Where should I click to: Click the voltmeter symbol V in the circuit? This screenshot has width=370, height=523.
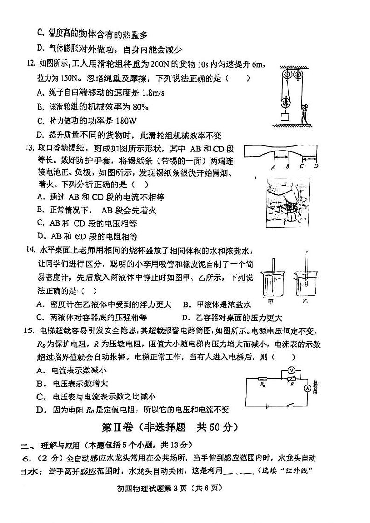[290, 370]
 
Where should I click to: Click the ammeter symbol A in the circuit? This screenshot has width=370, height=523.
[308, 388]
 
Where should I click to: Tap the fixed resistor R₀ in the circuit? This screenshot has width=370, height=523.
[263, 379]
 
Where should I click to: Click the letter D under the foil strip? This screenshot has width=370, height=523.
[316, 166]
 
